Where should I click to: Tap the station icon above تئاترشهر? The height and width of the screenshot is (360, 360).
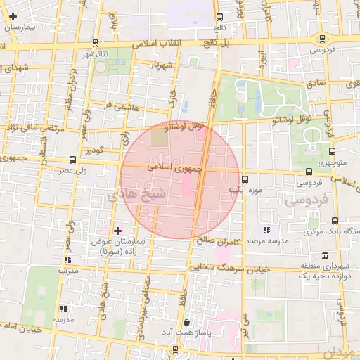95,42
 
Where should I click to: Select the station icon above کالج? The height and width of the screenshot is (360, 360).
220,17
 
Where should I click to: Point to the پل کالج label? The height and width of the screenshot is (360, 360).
218,42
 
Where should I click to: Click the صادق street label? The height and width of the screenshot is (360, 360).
316,83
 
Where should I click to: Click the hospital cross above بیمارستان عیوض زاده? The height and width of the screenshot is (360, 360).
117,231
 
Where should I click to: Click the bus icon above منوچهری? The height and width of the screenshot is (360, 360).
333,150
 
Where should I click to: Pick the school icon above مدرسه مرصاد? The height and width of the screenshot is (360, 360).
266,230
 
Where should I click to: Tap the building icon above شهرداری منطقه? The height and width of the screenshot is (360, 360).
324,255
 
